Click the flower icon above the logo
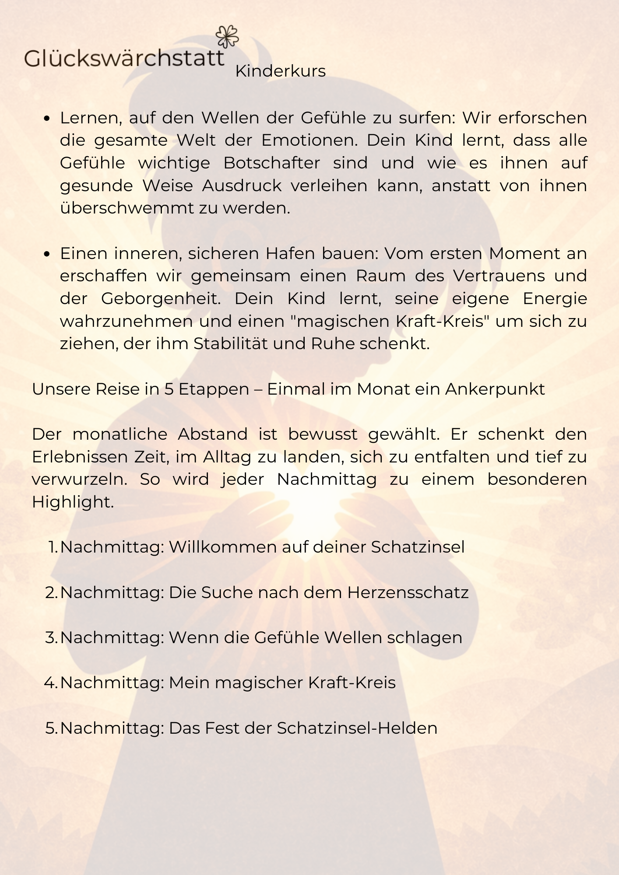point(228,36)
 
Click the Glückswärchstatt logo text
point(124,58)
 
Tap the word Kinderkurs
point(280,71)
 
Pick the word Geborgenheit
point(161,299)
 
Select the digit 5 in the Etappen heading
point(169,389)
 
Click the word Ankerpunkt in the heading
point(495,389)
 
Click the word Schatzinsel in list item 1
point(418,547)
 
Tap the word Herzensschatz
point(408,592)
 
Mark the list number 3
point(50,637)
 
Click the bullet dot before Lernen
point(48,119)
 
